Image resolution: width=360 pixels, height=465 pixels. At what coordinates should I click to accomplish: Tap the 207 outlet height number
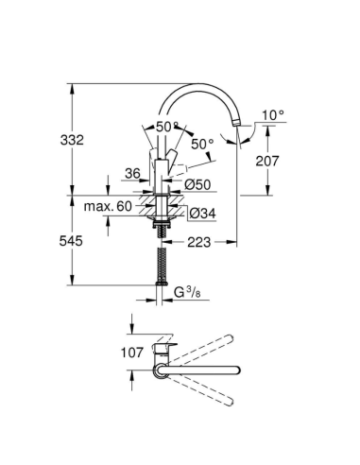point(269,161)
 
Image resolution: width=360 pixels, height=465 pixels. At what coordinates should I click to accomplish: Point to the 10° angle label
point(272,114)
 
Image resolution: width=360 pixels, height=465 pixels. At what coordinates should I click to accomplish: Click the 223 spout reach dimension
point(197,243)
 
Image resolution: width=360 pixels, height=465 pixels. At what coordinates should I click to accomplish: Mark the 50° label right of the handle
point(202,144)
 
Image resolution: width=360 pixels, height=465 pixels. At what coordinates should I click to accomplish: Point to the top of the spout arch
point(198,84)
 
